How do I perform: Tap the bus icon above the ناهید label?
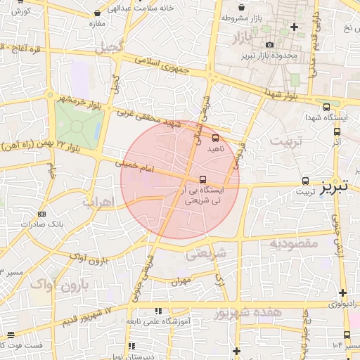click(215, 138)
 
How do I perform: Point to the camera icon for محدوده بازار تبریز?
click(269, 44)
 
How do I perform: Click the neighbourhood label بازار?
click(240, 35)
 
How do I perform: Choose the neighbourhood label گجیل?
click(110, 47)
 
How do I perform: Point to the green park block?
click(79, 121)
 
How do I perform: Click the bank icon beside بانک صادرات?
click(42, 213)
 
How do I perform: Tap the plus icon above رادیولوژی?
click(342, 292)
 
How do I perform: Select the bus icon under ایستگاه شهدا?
click(336, 129)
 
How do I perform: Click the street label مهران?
click(181, 280)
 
